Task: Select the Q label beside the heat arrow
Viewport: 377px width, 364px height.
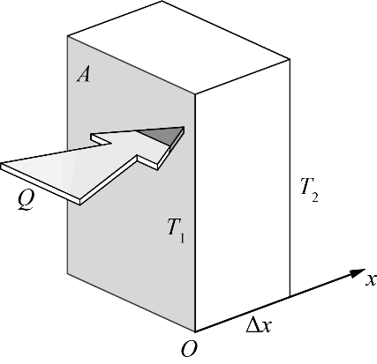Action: (x=26, y=200)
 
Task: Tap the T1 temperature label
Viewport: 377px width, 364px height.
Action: (x=176, y=230)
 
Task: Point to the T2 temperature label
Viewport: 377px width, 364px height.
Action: (x=309, y=189)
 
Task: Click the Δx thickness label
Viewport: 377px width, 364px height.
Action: (x=259, y=325)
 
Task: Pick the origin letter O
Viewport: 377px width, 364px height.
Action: (x=189, y=350)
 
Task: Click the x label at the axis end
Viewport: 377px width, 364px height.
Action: (x=372, y=279)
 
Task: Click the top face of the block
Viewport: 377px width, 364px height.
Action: (x=178, y=47)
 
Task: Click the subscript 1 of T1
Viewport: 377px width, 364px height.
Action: (x=182, y=238)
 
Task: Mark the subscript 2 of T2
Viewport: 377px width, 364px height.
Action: (x=314, y=197)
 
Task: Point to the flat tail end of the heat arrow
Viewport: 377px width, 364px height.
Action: (x=1, y=166)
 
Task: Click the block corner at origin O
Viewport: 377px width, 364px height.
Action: (x=195, y=331)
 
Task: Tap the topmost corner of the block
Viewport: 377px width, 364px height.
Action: (x=162, y=1)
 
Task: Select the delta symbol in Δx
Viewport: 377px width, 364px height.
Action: (x=253, y=325)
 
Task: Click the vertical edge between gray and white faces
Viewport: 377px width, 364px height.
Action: (x=195, y=213)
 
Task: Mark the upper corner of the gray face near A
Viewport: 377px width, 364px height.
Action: (x=68, y=36)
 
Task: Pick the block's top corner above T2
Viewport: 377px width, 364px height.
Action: (x=290, y=59)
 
